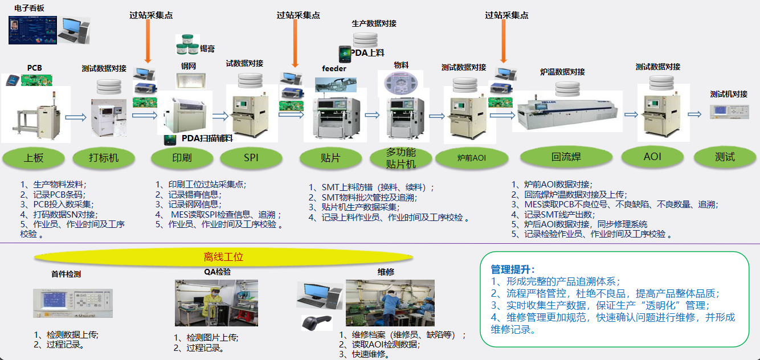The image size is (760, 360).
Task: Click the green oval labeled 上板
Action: click(x=34, y=158)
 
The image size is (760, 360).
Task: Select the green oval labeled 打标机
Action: click(x=104, y=158)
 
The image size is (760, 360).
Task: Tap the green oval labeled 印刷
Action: click(x=181, y=158)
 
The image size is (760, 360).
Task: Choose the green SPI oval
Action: click(x=251, y=158)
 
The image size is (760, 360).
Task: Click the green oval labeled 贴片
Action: click(x=330, y=158)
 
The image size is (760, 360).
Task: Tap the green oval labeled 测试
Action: click(x=725, y=157)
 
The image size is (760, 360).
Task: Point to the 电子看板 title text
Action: click(x=29, y=8)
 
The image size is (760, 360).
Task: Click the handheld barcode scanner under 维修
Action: click(x=317, y=322)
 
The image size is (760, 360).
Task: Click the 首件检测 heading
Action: click(x=66, y=274)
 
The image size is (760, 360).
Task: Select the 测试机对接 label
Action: click(x=729, y=94)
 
